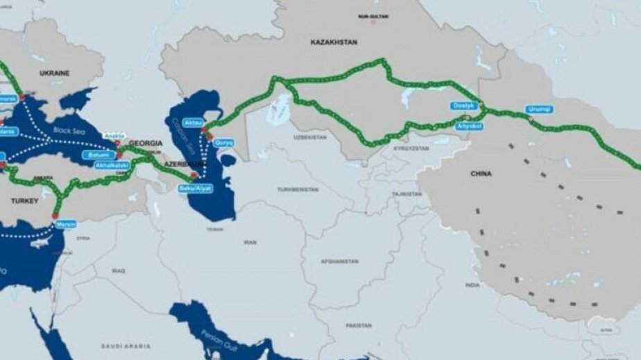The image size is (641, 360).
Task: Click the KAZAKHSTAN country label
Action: click(334, 42)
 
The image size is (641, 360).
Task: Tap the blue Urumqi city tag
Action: click(540, 110)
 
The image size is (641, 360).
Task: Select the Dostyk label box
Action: click(463, 106)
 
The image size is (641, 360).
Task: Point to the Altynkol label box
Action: click(469, 127)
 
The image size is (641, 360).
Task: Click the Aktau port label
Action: click(191, 121)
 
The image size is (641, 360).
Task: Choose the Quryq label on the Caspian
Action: click(224, 142)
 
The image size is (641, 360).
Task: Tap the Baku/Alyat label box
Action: click(195, 188)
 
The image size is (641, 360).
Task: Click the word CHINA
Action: click(481, 173)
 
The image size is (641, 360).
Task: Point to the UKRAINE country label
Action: click(54, 73)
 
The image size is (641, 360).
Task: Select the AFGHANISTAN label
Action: click(340, 262)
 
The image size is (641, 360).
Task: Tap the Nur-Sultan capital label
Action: click(373, 15)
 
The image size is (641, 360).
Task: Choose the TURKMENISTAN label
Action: click(298, 189)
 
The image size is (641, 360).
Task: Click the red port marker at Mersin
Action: click(55, 216)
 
